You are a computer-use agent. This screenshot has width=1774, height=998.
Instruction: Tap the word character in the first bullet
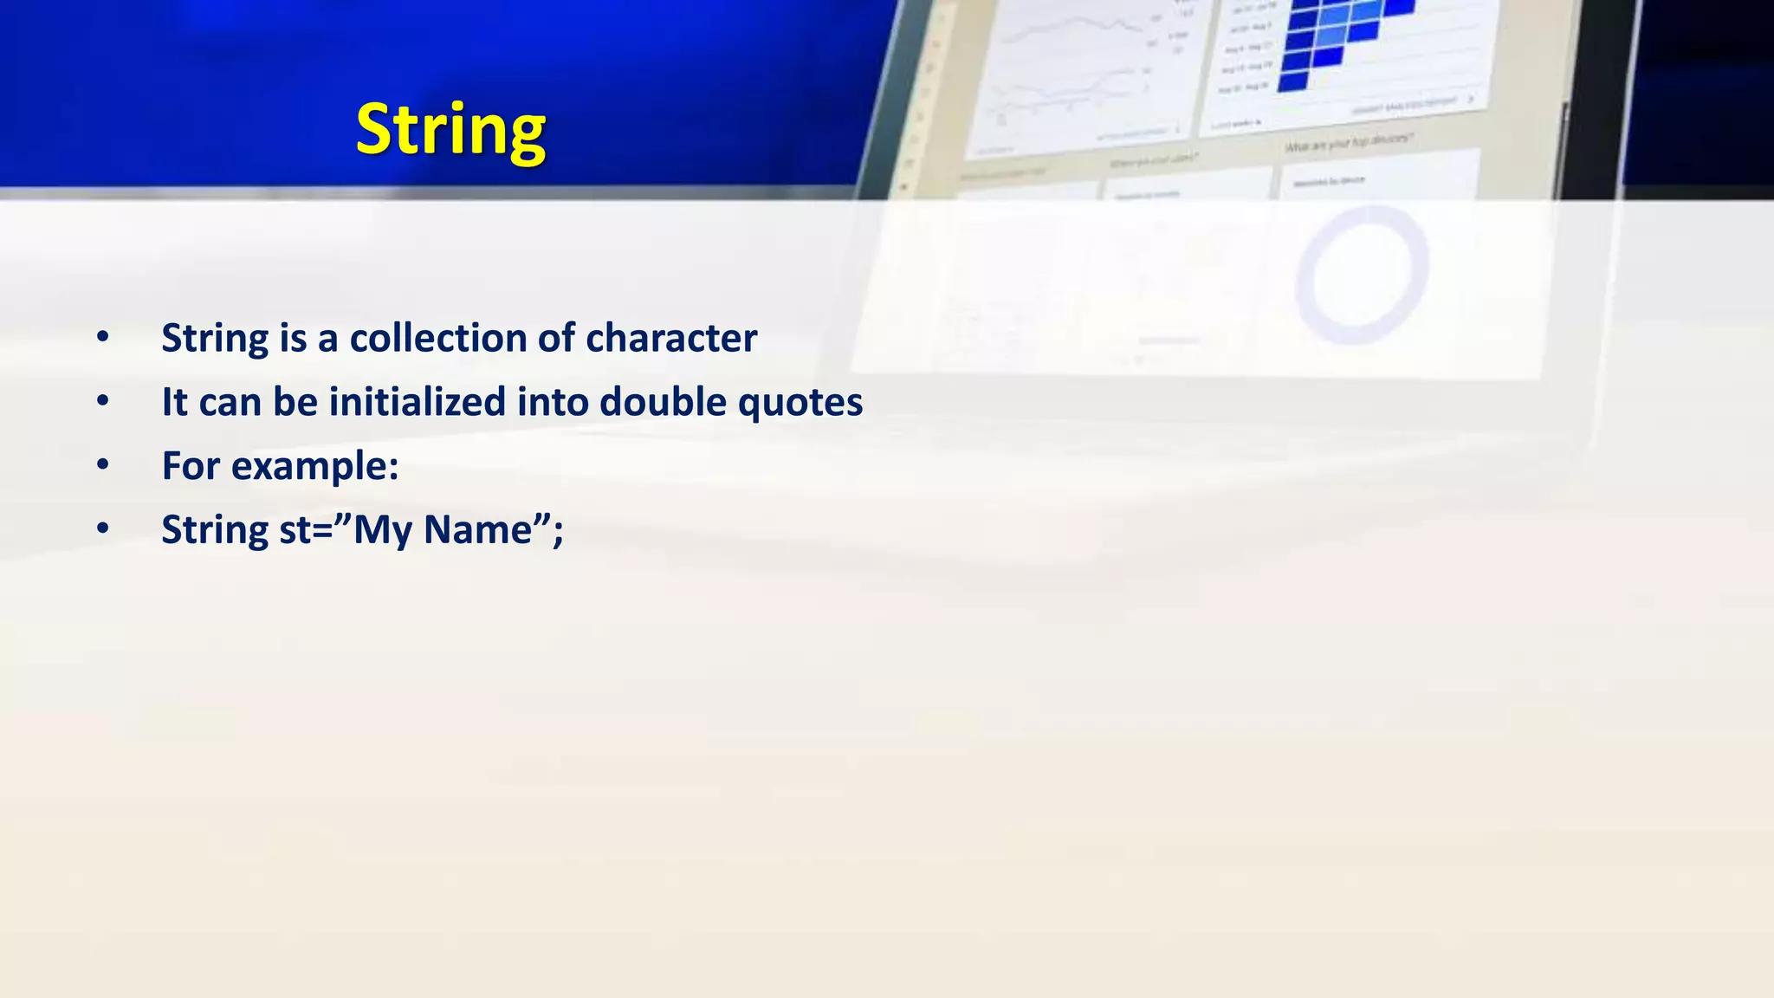[x=671, y=338]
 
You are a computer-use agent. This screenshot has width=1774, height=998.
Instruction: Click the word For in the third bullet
[x=191, y=466]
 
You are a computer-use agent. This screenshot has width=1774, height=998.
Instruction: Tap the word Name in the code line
[x=477, y=530]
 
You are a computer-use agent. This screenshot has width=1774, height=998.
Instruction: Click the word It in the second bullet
[x=174, y=402]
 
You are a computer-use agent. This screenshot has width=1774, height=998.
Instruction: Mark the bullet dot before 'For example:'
[x=103, y=465]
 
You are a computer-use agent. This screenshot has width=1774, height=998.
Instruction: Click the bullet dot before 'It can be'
[x=103, y=401]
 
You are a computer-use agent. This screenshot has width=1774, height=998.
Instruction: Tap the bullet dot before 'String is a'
[x=103, y=337]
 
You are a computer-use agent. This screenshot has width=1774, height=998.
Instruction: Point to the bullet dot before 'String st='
[x=103, y=529]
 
